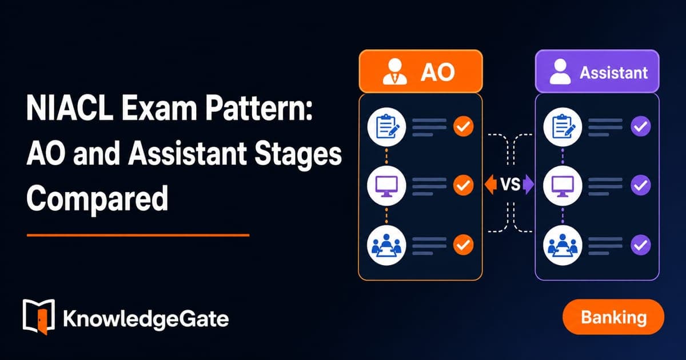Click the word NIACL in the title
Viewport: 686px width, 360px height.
(70, 109)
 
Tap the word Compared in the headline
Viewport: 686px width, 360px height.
(97, 199)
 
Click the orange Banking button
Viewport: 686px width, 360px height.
(613, 317)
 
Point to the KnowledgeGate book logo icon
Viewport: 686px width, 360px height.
(39, 317)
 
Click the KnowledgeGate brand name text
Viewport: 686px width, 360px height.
(146, 319)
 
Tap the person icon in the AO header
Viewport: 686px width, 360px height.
(395, 71)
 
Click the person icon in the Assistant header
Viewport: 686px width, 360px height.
(560, 71)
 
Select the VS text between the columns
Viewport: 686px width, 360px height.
(510, 184)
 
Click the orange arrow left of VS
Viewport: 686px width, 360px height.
(490, 184)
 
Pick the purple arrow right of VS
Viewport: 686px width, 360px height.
(528, 184)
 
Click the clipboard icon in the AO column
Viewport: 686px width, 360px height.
(386, 127)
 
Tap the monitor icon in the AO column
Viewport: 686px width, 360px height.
(386, 186)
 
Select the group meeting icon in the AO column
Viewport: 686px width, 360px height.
(386, 246)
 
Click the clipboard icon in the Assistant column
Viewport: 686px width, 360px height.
(563, 127)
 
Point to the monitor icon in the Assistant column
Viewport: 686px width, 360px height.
(563, 186)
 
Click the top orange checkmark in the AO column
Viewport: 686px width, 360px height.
(464, 126)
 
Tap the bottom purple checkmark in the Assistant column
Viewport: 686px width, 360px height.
(641, 245)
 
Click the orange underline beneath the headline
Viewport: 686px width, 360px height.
(138, 235)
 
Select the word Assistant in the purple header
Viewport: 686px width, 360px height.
(614, 73)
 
